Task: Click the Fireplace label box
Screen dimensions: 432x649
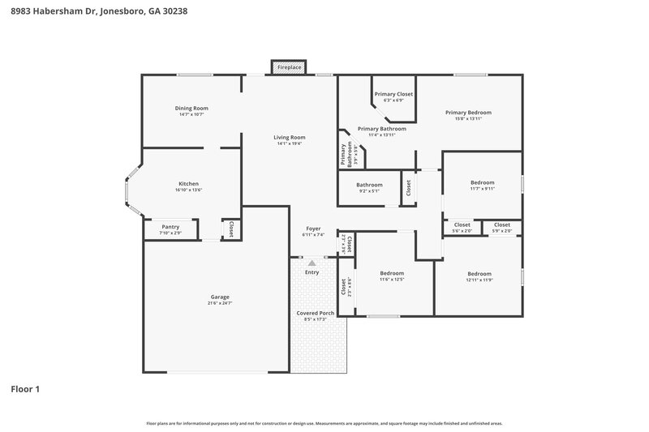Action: point(290,67)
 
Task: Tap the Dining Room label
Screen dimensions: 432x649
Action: point(191,108)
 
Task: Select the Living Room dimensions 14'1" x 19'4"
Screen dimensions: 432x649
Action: point(290,143)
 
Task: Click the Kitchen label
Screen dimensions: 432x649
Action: point(188,183)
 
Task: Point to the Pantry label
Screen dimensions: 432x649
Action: point(170,227)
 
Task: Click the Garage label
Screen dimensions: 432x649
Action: point(219,297)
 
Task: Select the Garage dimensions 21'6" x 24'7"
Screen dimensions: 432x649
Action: point(219,303)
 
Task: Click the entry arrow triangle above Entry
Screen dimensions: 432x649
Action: point(312,263)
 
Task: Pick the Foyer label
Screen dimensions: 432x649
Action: point(313,228)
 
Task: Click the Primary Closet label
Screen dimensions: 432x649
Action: point(393,94)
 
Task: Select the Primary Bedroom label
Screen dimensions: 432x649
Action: point(468,113)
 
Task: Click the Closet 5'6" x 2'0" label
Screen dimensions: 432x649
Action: point(462,227)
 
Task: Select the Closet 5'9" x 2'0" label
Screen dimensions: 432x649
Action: point(501,227)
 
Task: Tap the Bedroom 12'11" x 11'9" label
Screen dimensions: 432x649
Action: point(479,276)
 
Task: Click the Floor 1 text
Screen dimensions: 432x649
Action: point(25,389)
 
